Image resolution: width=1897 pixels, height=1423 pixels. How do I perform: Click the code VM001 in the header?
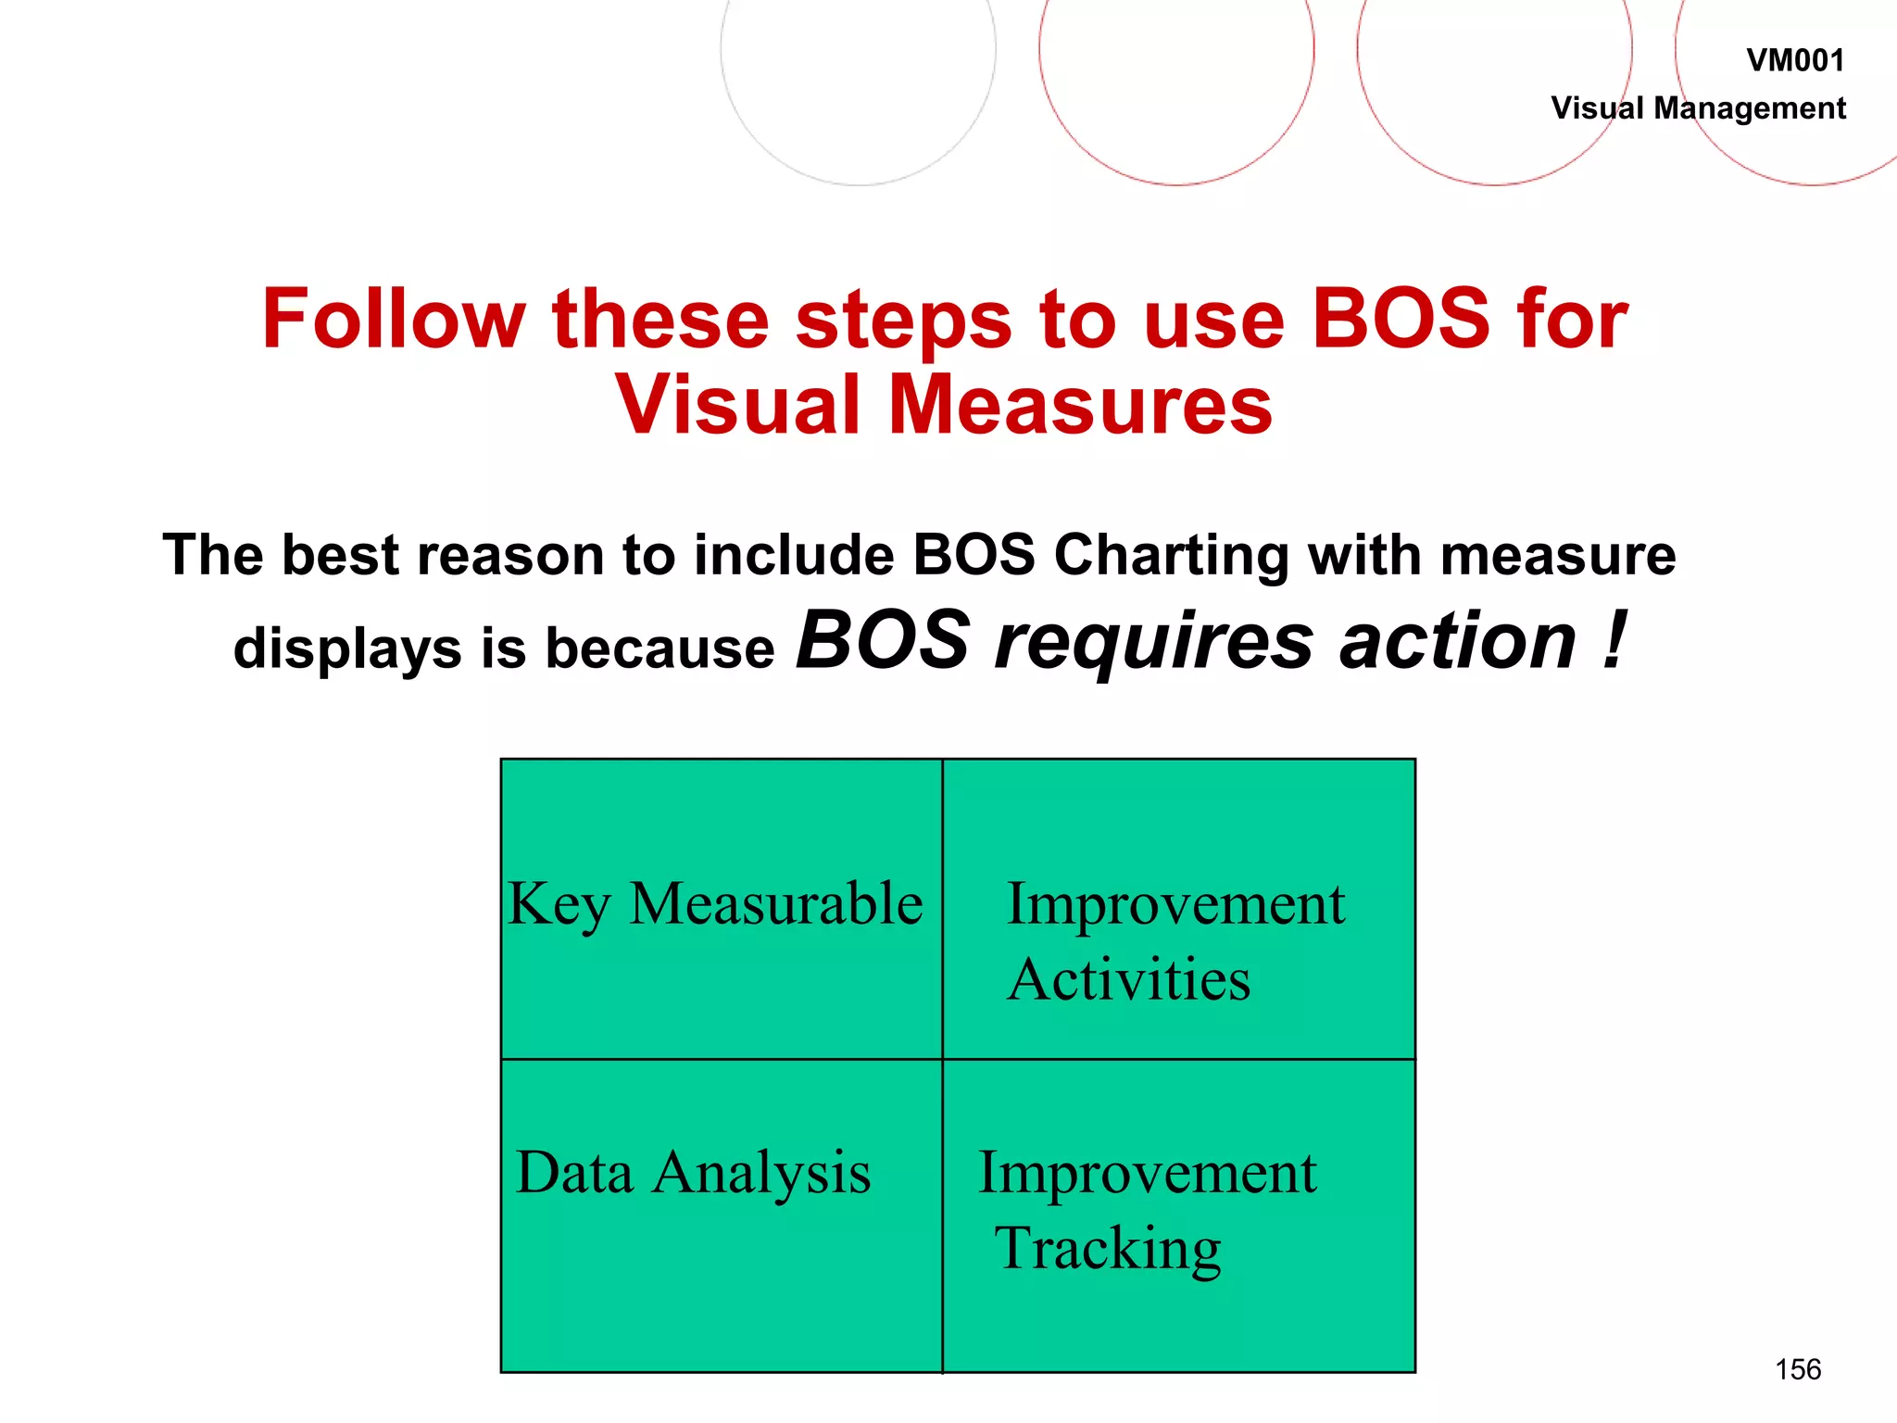pyautogui.click(x=1794, y=61)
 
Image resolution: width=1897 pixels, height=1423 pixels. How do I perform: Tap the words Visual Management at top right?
pyautogui.click(x=1698, y=108)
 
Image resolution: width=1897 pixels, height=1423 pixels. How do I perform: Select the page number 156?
pyautogui.click(x=1797, y=1369)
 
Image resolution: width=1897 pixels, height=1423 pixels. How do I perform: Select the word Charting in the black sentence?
pyautogui.click(x=1171, y=556)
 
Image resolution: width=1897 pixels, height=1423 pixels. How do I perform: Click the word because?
pyautogui.click(x=660, y=648)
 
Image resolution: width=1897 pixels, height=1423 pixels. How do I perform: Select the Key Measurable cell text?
pyautogui.click(x=715, y=904)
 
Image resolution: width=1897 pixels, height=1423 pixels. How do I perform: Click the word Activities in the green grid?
pyautogui.click(x=1129, y=980)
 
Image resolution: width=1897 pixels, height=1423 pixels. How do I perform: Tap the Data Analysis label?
pyautogui.click(x=693, y=1174)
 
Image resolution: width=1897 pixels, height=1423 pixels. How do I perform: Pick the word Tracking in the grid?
pyautogui.click(x=1108, y=1250)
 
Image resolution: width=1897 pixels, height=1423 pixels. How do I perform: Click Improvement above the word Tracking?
pyautogui.click(x=1147, y=1174)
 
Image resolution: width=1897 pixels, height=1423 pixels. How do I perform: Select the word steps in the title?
pyautogui.click(x=903, y=321)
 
